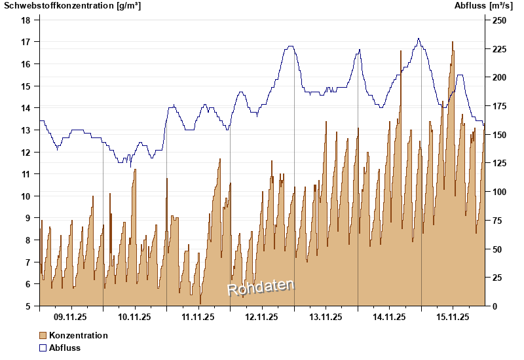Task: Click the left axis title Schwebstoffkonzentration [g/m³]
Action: click(73, 6)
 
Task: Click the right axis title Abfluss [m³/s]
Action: click(483, 6)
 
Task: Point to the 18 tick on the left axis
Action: click(26, 20)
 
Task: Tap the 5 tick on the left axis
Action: click(28, 306)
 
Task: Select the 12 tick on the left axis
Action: click(26, 152)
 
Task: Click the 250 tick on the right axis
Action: click(499, 20)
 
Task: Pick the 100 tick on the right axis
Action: click(499, 192)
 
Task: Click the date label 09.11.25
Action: click(71, 317)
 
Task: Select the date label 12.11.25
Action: click(261, 317)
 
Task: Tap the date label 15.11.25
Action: click(453, 317)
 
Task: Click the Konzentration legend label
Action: click(79, 335)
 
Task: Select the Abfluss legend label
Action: click(65, 348)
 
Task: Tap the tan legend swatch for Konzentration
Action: click(43, 335)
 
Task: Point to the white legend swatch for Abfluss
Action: click(43, 348)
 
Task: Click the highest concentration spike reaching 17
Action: click(452, 43)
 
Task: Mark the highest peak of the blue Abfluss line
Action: click(419, 39)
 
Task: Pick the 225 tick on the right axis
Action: click(499, 49)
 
